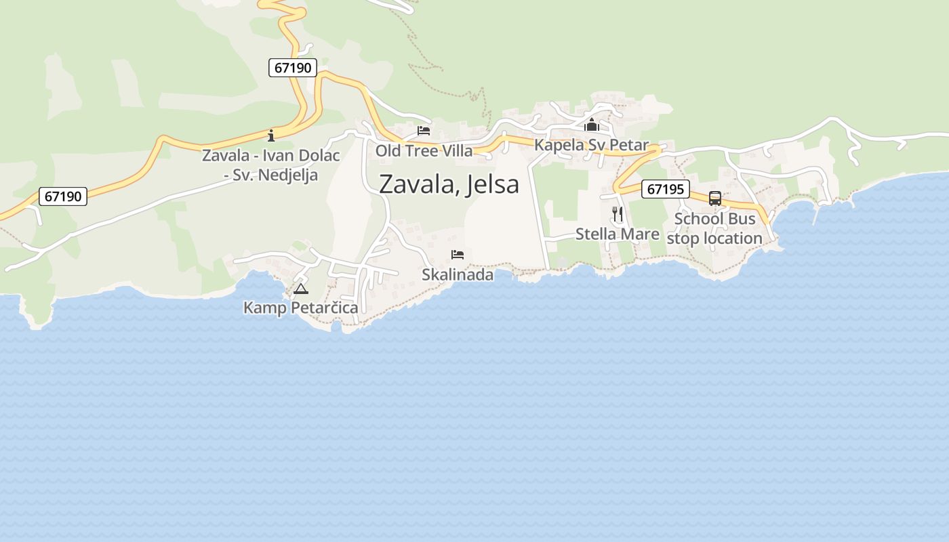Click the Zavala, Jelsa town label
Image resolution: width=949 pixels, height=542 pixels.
point(449,184)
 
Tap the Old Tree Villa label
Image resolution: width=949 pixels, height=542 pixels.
point(424,150)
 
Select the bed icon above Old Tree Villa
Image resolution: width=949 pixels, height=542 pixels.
point(424,130)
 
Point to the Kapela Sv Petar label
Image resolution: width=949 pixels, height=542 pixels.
point(591,145)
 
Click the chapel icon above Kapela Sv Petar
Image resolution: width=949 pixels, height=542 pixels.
point(592,125)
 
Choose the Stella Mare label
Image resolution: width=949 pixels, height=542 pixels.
point(617,234)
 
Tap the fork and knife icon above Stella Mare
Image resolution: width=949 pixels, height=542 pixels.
point(618,214)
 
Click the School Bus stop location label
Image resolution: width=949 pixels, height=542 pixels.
point(714,229)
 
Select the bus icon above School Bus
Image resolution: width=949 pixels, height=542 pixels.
point(715,199)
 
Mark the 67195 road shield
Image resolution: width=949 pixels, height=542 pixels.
point(665,189)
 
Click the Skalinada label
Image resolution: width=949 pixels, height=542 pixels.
point(458,275)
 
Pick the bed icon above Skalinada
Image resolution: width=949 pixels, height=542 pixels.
point(458,255)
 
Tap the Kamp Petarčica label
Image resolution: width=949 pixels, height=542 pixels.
point(300,308)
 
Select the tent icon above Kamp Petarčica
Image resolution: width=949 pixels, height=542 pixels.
point(301,289)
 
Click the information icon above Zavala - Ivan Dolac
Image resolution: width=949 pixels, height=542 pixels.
point(271,135)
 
